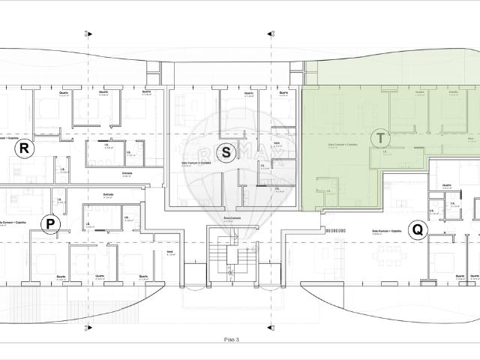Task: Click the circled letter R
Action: (x=24, y=148)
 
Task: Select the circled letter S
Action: (x=226, y=152)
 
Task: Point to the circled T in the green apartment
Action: (x=381, y=138)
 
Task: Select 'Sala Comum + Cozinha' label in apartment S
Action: (x=196, y=161)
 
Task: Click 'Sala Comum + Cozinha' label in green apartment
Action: (x=343, y=144)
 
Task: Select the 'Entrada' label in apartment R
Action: (x=127, y=173)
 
